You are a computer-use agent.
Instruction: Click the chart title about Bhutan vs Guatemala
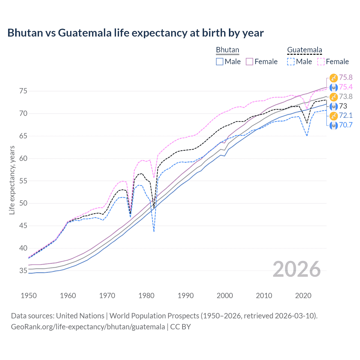pos(135,33)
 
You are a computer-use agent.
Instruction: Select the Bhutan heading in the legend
pos(227,50)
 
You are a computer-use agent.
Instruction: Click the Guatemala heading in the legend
pos(304,50)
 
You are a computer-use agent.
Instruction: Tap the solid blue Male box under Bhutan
pos(220,62)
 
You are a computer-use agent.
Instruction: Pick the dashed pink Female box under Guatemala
pos(321,62)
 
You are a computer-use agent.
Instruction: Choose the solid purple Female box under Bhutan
pos(249,62)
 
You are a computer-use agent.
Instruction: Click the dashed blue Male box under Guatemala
pos(291,62)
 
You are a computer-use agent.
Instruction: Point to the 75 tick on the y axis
pos(23,91)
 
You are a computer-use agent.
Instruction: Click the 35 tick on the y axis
pos(23,271)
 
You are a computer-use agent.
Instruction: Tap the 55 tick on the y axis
pos(23,181)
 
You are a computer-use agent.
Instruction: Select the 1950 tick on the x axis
pos(29,296)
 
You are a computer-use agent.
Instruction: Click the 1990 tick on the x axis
pos(186,296)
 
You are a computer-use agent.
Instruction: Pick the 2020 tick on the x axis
pos(303,296)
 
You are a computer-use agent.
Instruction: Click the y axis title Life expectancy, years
pos(12,180)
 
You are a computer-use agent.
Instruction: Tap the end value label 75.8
pos(346,77)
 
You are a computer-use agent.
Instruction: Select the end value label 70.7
pos(346,125)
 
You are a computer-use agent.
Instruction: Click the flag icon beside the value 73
pos(334,106)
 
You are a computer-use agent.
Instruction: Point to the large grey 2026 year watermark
pos(297,269)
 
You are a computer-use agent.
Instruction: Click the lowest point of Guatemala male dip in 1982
pos(154,231)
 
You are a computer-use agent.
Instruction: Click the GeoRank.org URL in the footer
pos(88,327)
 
